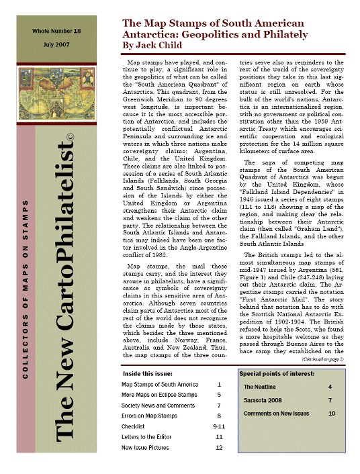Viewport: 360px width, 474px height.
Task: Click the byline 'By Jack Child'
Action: [x=152, y=46]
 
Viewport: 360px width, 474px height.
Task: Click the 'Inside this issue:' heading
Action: [x=147, y=373]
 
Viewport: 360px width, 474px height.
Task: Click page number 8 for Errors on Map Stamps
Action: [x=219, y=416]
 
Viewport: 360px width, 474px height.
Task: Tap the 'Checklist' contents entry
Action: [x=134, y=426]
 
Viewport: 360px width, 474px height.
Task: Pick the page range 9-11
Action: [x=218, y=426]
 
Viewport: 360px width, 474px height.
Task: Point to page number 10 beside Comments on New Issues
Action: [x=331, y=414]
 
